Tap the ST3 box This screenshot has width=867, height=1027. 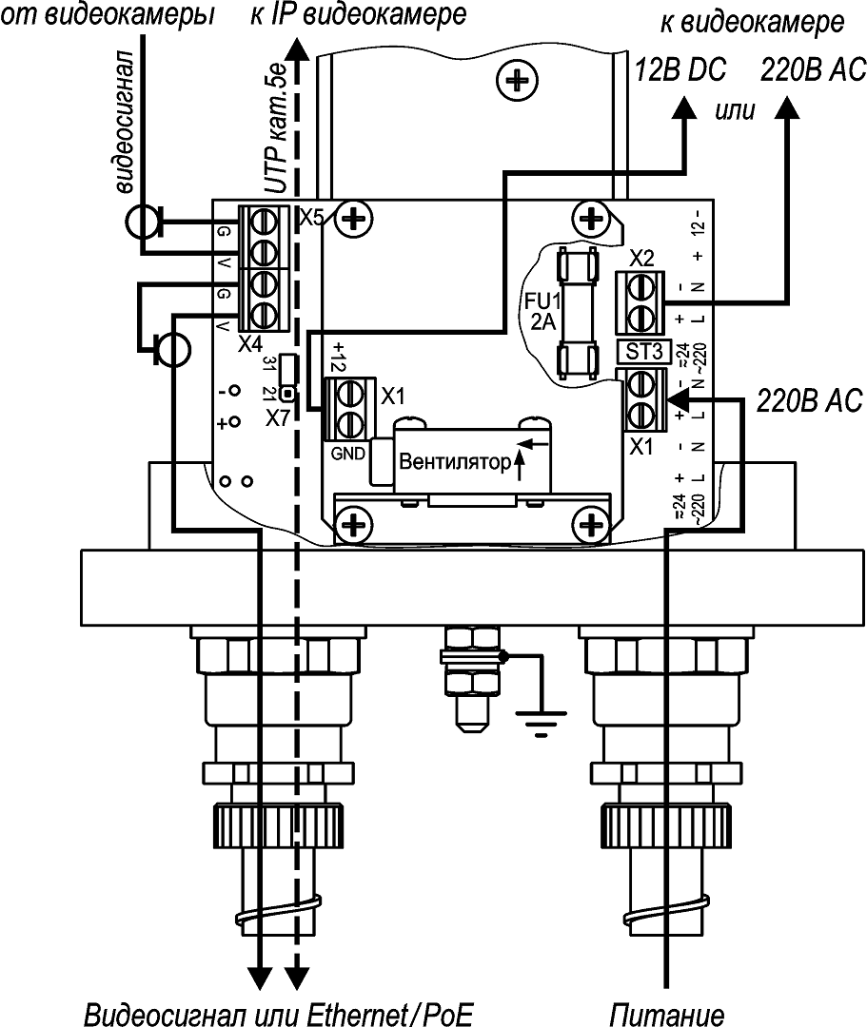(643, 350)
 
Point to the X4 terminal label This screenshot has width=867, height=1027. (250, 343)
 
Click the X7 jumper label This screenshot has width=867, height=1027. (277, 417)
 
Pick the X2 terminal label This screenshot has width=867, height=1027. (642, 259)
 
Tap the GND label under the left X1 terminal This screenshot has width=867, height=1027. (346, 454)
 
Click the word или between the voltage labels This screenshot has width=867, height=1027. (734, 110)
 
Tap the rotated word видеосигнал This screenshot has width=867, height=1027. (128, 124)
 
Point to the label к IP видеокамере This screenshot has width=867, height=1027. (359, 15)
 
